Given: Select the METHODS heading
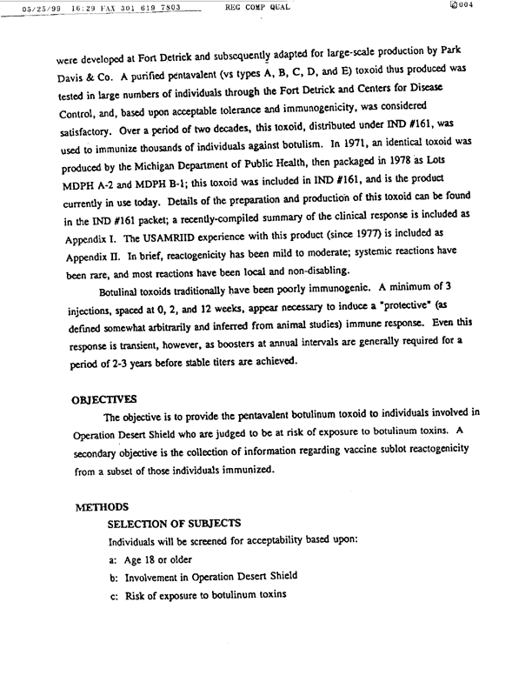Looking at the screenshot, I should pyautogui.click(x=103, y=505).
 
